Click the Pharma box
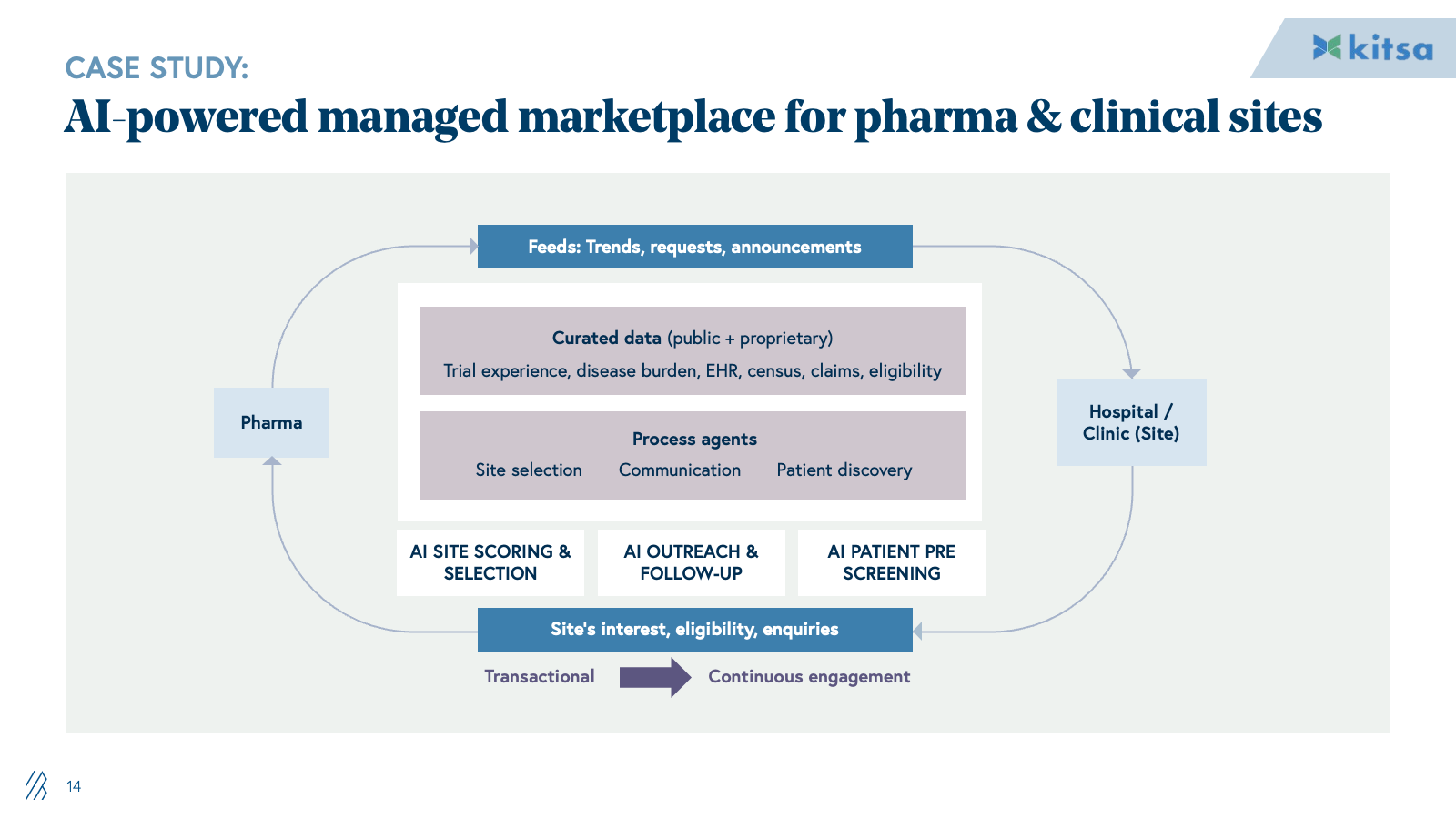(x=271, y=422)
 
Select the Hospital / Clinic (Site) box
(x=1131, y=422)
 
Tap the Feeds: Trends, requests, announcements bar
(x=694, y=247)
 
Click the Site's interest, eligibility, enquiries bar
(x=694, y=629)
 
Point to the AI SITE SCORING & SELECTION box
(x=490, y=562)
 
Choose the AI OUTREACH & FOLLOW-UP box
(x=691, y=562)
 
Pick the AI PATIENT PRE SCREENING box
(x=891, y=562)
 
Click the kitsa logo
(x=1372, y=47)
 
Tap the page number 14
(x=74, y=786)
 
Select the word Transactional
(x=539, y=676)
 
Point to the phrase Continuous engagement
(x=809, y=676)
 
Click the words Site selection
(x=529, y=470)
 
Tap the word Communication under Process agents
(x=680, y=470)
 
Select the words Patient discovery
(x=844, y=470)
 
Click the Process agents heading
(x=694, y=439)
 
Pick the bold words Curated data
(x=606, y=338)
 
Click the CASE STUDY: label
(x=157, y=68)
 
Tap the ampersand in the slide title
(x=1043, y=117)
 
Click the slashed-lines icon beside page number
(x=36, y=785)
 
